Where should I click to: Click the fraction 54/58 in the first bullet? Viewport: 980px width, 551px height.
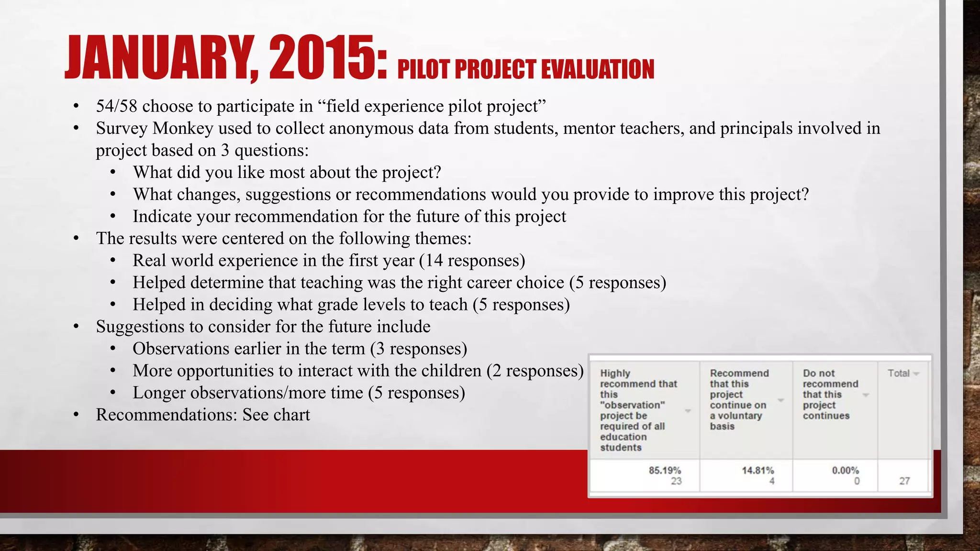(x=117, y=106)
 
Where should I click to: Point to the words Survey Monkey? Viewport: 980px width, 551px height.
(x=155, y=128)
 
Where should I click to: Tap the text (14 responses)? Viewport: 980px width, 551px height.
(x=472, y=261)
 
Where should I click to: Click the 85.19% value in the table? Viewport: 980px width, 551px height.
(x=665, y=470)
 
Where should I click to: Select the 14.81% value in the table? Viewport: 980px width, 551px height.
(x=758, y=470)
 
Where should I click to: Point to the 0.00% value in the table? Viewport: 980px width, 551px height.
(x=846, y=470)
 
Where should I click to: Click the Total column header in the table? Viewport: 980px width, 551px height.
(x=899, y=373)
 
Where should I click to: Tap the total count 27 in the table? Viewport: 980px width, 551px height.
(x=904, y=481)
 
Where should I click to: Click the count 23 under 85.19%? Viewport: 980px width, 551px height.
(x=676, y=481)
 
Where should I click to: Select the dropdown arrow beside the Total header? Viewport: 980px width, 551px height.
(x=916, y=374)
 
